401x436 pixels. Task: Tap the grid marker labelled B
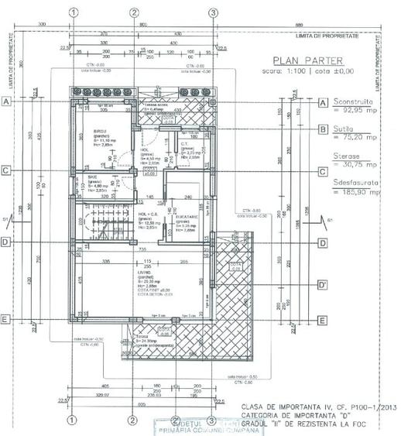point(324,129)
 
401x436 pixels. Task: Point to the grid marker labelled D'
point(324,284)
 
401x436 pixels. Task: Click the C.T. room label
point(185,144)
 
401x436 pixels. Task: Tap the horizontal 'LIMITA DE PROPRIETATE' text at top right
point(328,35)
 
